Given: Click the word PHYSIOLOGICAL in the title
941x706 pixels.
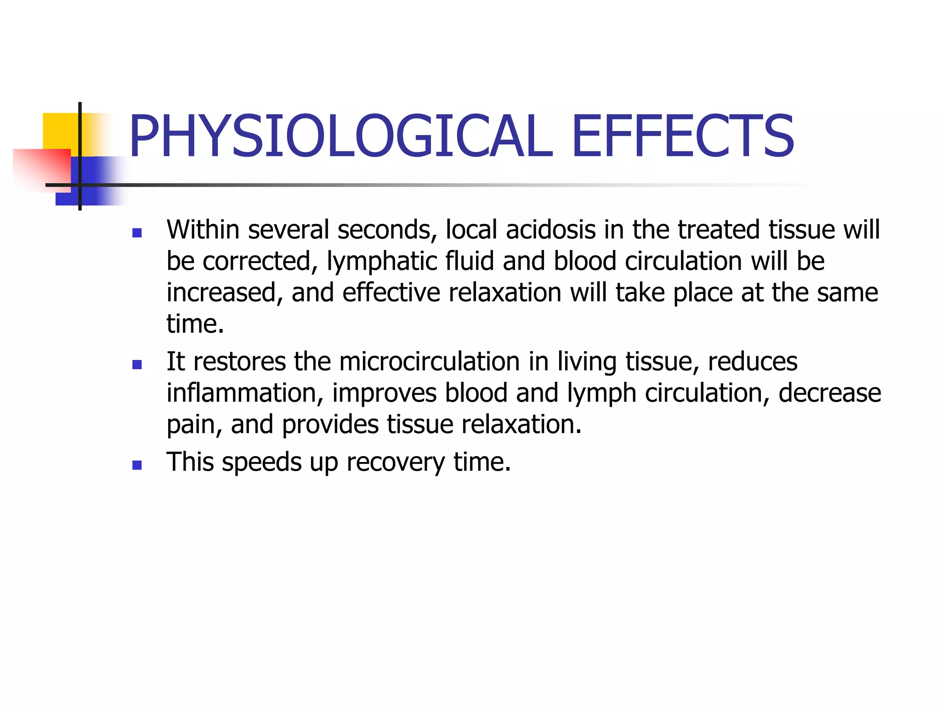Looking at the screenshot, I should pos(340,136).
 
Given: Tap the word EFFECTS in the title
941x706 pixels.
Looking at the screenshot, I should pos(683,136).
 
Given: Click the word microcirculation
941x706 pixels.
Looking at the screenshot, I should pos(429,361).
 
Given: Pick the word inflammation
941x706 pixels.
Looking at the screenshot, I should pos(242,393).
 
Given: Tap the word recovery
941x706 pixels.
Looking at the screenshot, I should pos(396,462).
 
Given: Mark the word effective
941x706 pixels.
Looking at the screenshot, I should pos(391,293).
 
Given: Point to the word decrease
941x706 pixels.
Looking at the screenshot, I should pos(829,393).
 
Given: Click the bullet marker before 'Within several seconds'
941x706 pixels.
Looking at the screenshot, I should pos(136,233).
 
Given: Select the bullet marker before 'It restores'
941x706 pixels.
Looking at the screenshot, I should pos(136,365).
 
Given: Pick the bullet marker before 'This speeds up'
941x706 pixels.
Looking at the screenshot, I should pos(136,466).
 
